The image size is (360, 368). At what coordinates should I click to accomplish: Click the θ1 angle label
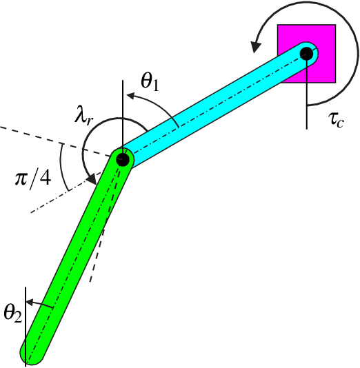pos(150,81)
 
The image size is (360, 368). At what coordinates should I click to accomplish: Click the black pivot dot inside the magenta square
pos(307,52)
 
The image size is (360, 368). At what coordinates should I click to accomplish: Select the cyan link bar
pos(214,107)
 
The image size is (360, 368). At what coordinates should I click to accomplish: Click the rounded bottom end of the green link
pos(32,354)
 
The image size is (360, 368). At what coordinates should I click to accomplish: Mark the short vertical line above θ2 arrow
pos(25,293)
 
